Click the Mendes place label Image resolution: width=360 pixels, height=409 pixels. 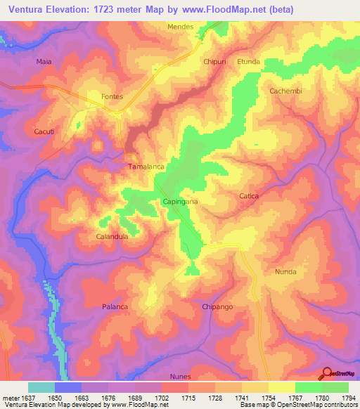[180, 27]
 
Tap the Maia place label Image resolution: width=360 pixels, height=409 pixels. [44, 62]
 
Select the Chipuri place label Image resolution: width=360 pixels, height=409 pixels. [214, 62]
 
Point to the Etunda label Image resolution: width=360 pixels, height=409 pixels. [248, 62]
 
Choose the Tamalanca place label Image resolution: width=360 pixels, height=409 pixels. [146, 167]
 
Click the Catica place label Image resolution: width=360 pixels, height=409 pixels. [249, 196]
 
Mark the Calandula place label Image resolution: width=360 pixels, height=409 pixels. [112, 237]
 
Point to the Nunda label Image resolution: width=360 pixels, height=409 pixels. [285, 271]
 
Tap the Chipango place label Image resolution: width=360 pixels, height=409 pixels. [217, 307]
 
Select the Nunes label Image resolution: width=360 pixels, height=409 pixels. [180, 377]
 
